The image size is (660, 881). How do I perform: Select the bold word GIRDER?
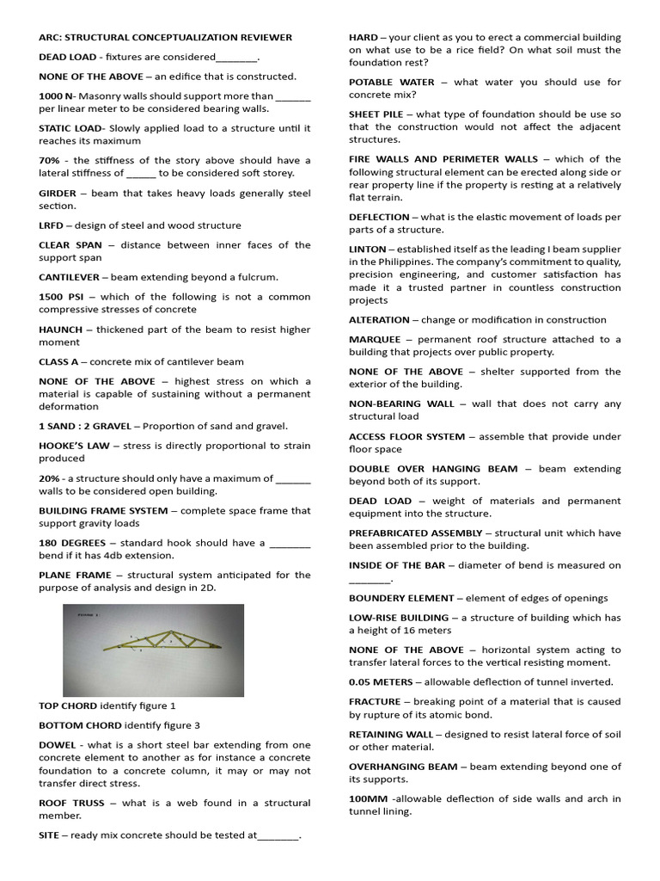(58, 193)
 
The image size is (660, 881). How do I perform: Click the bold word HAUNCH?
(60, 330)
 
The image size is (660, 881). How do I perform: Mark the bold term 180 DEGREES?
(72, 543)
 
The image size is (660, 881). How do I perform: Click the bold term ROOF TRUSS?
(71, 803)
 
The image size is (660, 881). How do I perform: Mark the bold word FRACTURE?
(375, 702)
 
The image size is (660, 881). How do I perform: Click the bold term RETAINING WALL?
(391, 734)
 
